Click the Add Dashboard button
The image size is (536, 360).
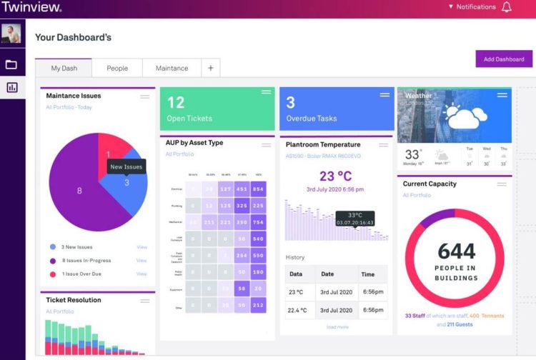click(504, 59)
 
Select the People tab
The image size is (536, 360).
click(117, 69)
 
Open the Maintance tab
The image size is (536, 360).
click(172, 69)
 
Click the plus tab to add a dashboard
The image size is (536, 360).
click(211, 69)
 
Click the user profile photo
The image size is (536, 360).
click(11, 34)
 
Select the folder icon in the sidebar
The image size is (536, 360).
click(11, 65)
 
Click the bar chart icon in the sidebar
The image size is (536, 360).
click(11, 88)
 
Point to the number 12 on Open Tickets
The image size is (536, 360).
click(175, 103)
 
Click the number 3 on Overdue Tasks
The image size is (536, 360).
click(291, 103)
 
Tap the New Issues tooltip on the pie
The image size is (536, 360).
click(126, 166)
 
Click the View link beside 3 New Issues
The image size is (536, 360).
click(142, 247)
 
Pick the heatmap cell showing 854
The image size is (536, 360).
click(257, 189)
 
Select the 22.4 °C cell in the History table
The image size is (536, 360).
click(297, 310)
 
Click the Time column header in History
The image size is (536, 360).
click(368, 274)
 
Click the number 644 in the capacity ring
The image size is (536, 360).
click(456, 251)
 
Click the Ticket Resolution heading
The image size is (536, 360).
click(74, 300)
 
